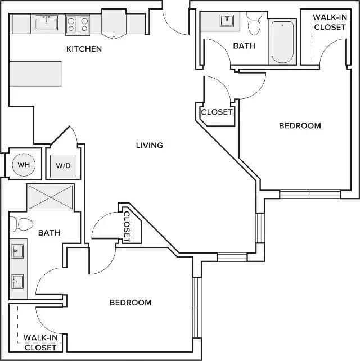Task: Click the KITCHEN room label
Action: (x=84, y=49)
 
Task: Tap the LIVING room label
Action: (x=150, y=145)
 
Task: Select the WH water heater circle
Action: (x=24, y=165)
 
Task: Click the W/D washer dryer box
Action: (x=64, y=166)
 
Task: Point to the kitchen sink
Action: (x=46, y=22)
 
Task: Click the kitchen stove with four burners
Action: (x=78, y=24)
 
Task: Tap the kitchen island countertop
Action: (x=35, y=74)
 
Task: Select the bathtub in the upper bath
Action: (x=282, y=42)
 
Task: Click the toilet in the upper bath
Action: (x=254, y=23)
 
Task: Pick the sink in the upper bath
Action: (x=227, y=21)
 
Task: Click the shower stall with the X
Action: (x=51, y=197)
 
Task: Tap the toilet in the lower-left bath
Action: (x=21, y=224)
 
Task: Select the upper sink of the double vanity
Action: (x=17, y=251)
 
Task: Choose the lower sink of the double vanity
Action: (x=17, y=281)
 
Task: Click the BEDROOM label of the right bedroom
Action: (x=300, y=126)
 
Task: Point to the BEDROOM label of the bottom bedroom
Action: (x=130, y=303)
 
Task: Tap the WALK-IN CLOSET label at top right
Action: (x=330, y=22)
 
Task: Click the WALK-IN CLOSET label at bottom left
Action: (x=40, y=342)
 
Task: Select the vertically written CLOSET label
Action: (x=127, y=227)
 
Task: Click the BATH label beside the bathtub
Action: (x=244, y=46)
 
